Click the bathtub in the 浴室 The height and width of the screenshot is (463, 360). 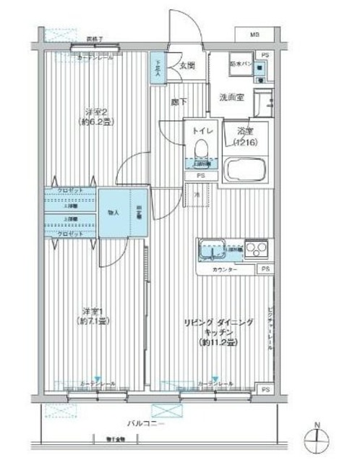[245, 171]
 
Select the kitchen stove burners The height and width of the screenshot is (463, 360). [256, 249]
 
